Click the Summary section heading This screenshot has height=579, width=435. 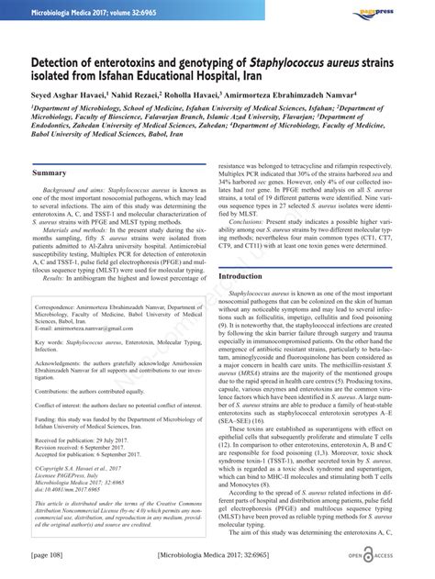point(49,173)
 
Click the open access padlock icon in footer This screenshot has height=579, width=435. point(366,556)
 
